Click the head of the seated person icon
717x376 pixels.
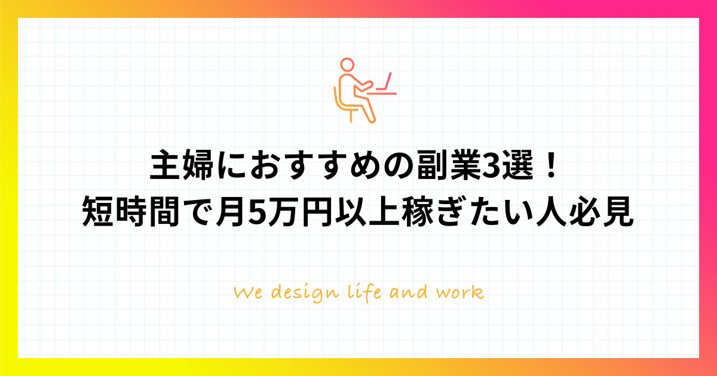[347, 64]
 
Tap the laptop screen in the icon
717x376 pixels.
[388, 81]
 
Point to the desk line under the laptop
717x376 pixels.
[382, 94]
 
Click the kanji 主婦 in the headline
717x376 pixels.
[182, 165]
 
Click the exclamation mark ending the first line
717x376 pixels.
[551, 165]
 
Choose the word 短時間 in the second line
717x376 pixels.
[130, 212]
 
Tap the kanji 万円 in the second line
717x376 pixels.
[300, 212]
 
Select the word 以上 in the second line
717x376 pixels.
[367, 212]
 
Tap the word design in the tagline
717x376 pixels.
[305, 294]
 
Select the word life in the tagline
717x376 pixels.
[364, 292]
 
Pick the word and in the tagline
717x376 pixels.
[408, 292]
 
